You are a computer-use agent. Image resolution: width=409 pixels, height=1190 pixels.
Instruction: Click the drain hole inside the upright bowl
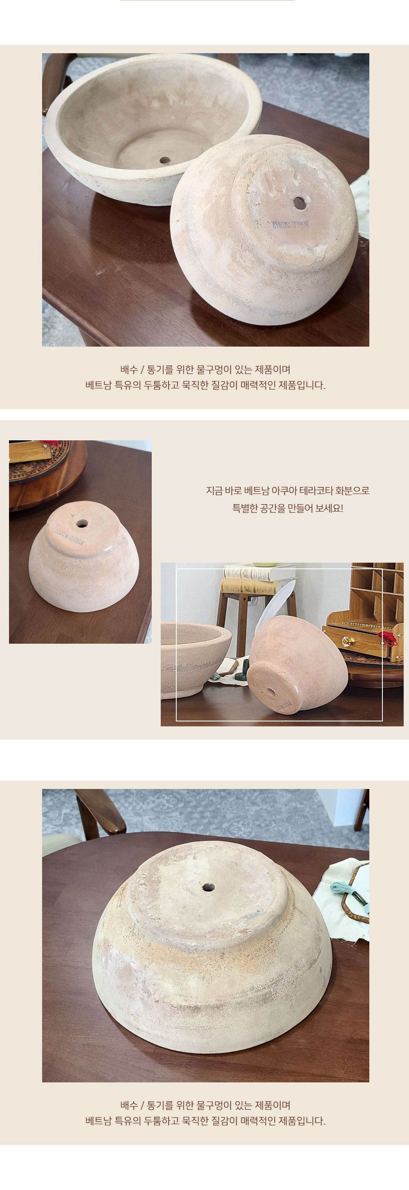click(164, 160)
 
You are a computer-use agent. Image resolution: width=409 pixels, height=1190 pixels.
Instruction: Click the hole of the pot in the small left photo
click(82, 524)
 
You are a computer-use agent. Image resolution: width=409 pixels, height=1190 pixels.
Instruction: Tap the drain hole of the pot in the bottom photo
click(207, 886)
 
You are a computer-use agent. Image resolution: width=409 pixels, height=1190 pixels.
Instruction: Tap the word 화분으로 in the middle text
click(353, 491)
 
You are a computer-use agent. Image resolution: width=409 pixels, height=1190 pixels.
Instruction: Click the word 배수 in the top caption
click(129, 370)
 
